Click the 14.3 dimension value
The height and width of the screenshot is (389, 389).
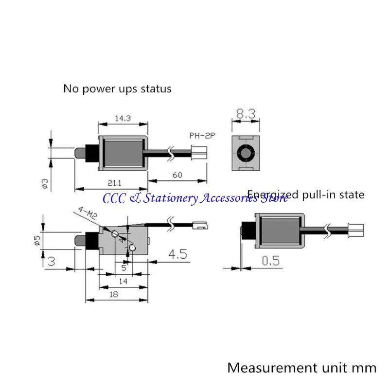click(123, 118)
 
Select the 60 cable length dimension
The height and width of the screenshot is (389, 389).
click(177, 175)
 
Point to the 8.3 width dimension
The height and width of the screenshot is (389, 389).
click(246, 114)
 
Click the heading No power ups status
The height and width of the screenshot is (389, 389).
click(117, 89)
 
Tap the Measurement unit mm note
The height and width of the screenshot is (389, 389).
click(301, 367)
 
